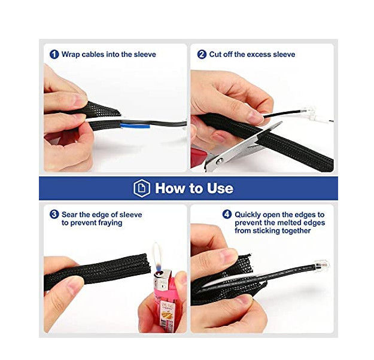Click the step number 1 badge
[x=54, y=54]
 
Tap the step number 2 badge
[x=202, y=54]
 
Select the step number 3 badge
[x=54, y=214]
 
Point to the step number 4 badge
[x=227, y=214]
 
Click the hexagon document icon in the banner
[x=142, y=188]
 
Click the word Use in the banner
[x=220, y=188]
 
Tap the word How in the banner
[x=171, y=188]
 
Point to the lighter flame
[x=157, y=258]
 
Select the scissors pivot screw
[x=218, y=161]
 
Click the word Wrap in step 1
[x=71, y=54]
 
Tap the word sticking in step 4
[x=266, y=231]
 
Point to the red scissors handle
[x=199, y=157]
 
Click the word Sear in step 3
[x=69, y=215]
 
